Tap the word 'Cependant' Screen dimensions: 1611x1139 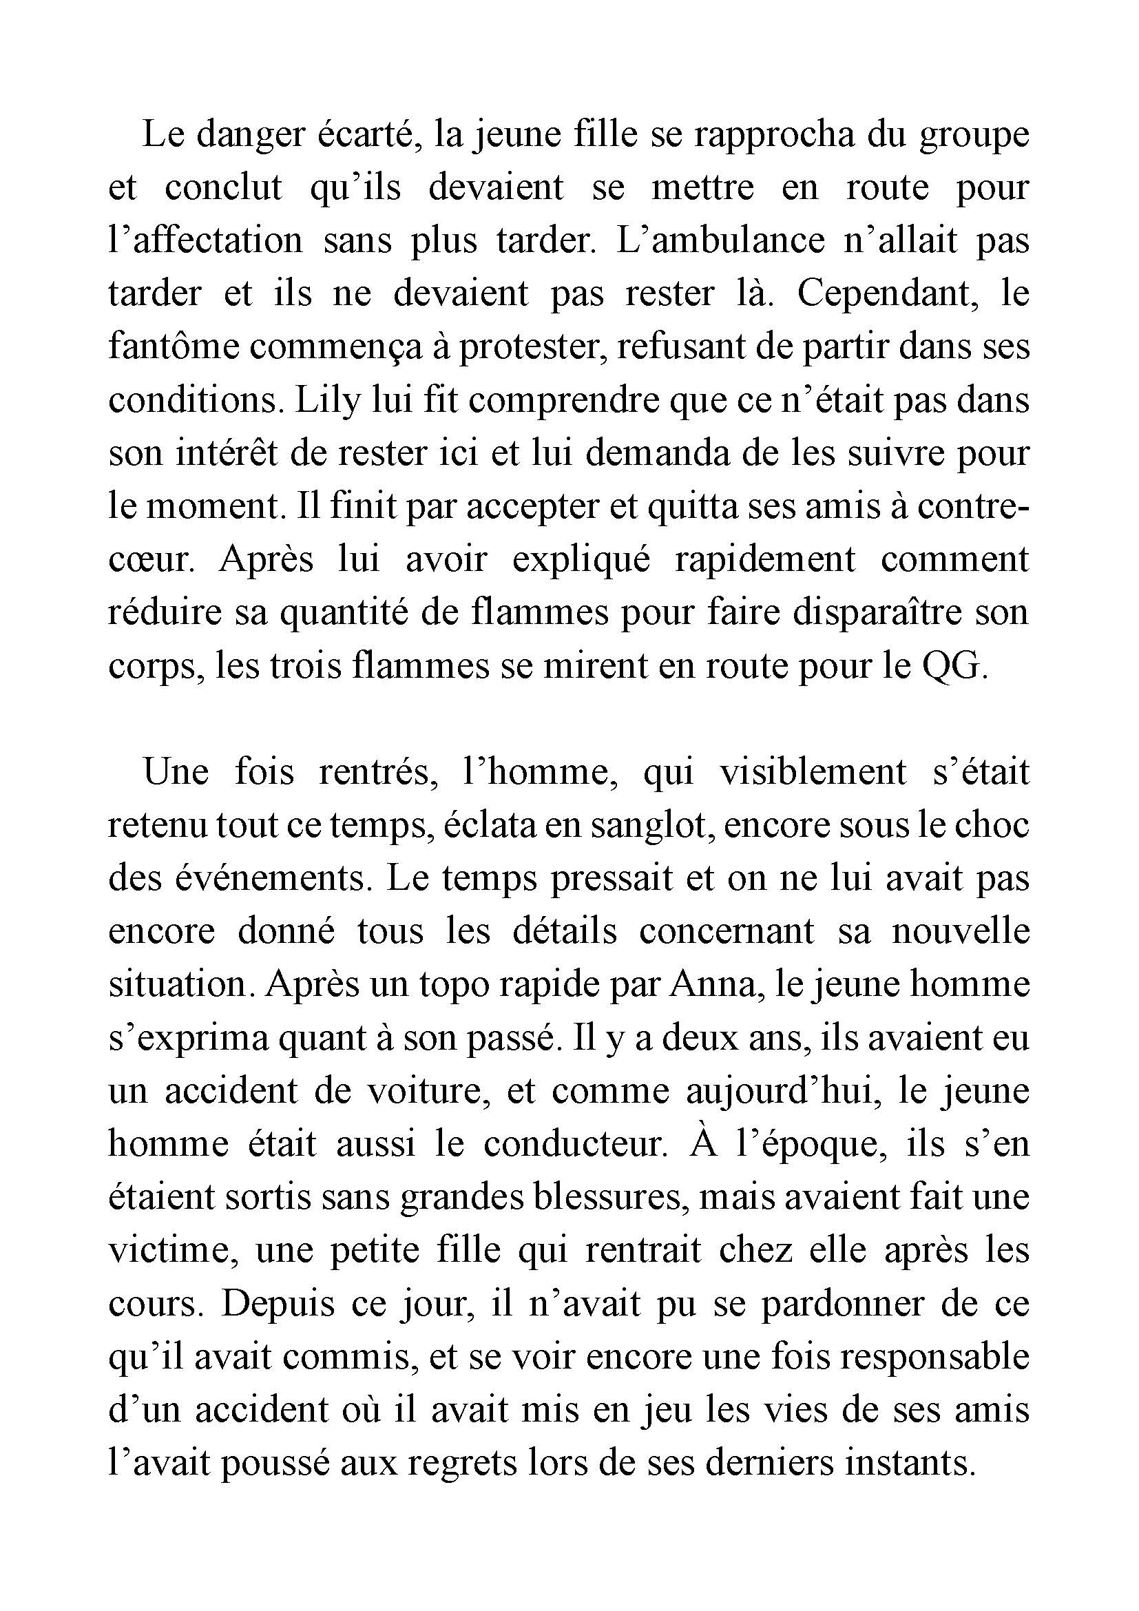coord(888,293)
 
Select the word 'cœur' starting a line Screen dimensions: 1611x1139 coord(149,561)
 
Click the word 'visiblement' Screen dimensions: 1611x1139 coord(813,773)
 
